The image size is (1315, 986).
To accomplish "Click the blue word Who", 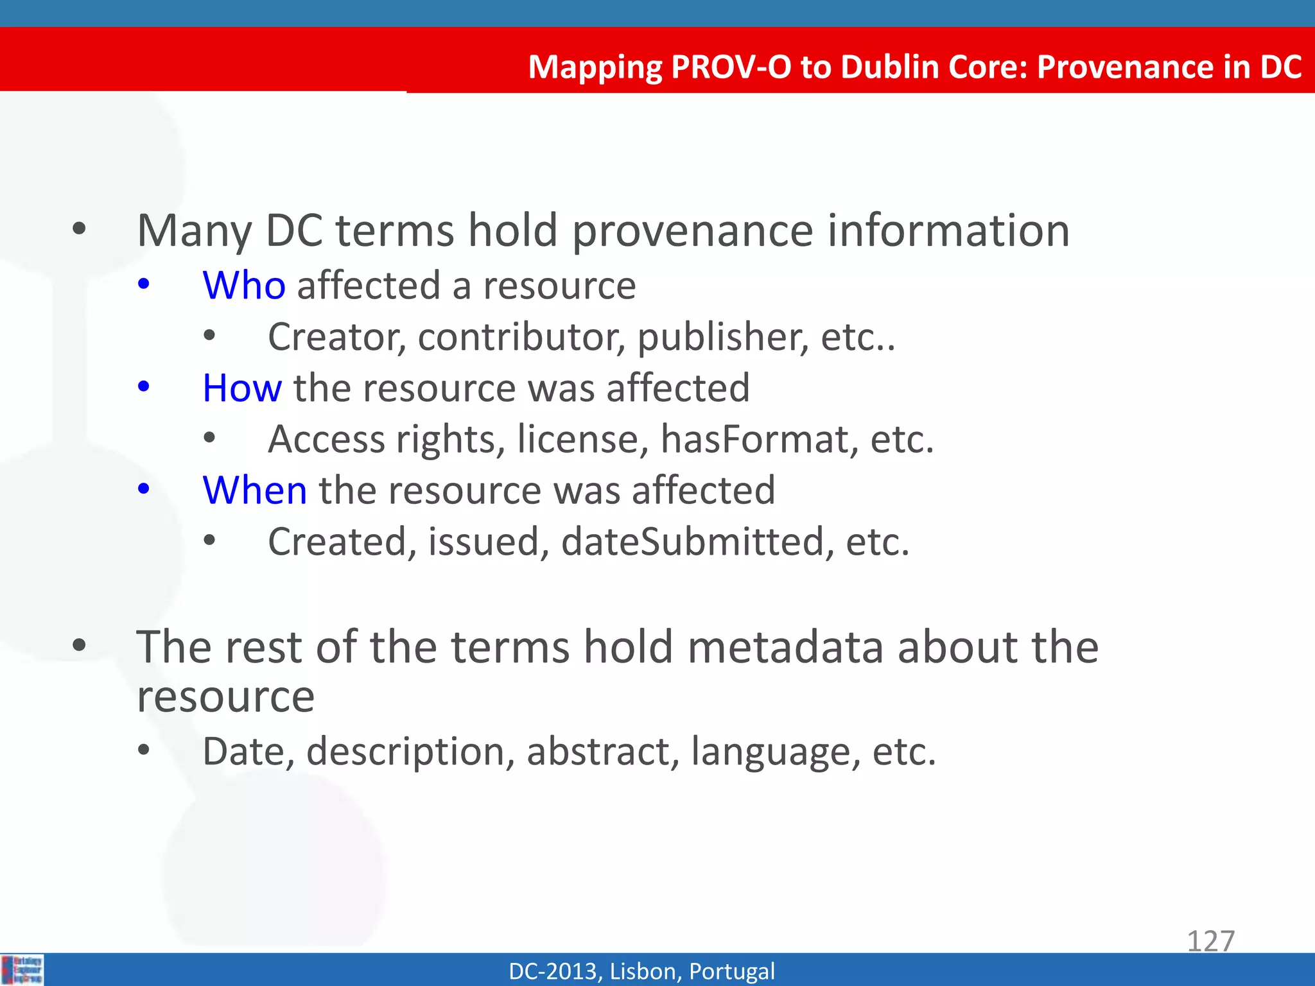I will [243, 286].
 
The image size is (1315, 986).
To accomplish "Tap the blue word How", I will [241, 388].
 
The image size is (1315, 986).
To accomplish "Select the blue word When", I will [254, 491].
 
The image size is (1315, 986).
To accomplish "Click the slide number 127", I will [1210, 941].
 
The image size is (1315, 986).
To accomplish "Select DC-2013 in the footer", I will [554, 971].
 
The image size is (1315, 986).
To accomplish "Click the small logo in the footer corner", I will [22, 969].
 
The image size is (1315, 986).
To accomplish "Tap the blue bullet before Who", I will [144, 284].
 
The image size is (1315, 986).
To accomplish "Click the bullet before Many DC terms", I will [79, 229].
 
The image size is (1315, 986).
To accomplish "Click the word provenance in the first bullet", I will [692, 231].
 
